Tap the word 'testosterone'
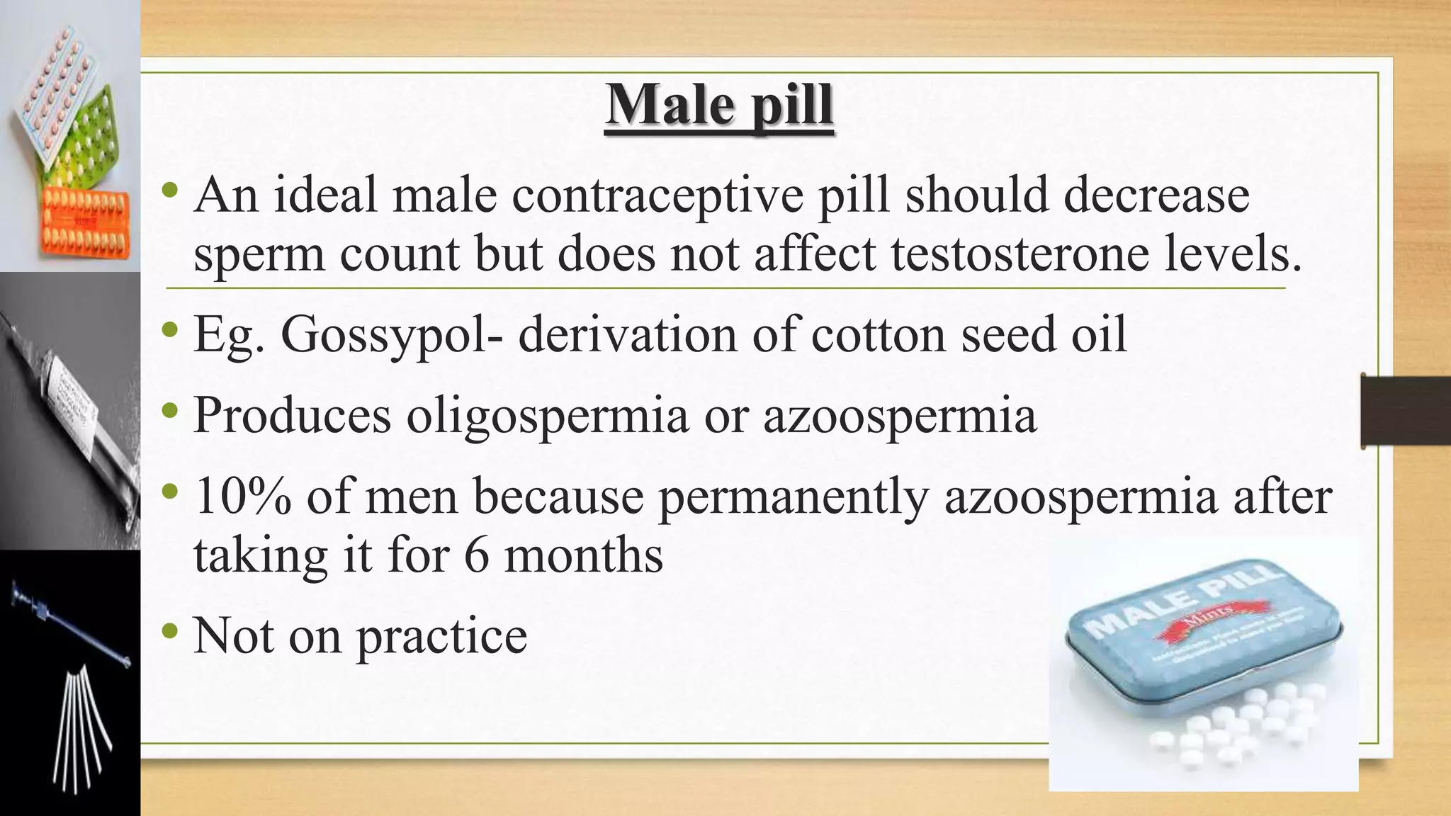1020,254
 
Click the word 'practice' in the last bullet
441,636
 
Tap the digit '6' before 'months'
477,555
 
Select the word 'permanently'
794,498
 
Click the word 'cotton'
878,335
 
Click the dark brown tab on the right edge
1406,412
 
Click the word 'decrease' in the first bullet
1157,195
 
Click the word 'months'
583,555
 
